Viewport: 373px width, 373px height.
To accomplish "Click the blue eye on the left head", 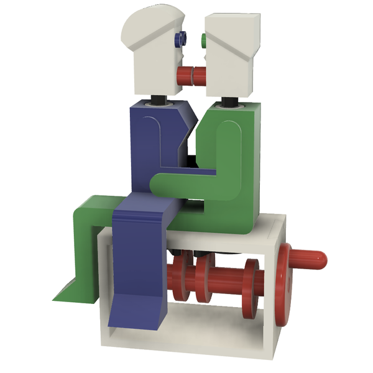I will (x=182, y=39).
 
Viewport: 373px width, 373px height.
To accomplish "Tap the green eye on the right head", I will (x=203, y=41).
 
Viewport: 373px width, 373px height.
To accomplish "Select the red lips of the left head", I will (x=186, y=76).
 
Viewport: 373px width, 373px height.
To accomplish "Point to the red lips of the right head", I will (x=200, y=76).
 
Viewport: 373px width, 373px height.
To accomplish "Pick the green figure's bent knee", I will (x=87, y=214).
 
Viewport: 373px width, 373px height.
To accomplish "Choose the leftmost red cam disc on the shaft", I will (x=177, y=280).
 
